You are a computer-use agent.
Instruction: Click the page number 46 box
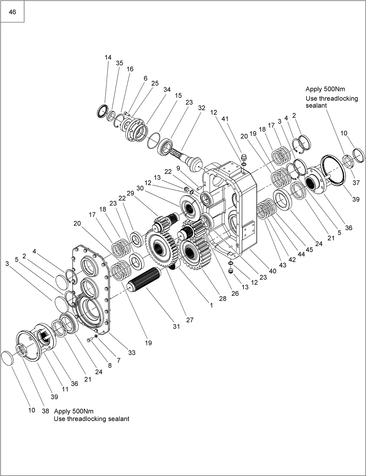(12, 12)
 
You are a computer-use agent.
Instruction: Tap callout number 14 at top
(108, 57)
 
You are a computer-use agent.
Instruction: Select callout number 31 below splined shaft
(176, 326)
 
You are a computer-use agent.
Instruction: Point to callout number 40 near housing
(273, 271)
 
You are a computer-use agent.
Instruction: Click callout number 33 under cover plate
(132, 353)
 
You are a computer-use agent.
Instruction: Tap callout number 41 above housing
(225, 119)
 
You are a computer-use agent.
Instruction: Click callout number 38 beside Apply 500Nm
(45, 411)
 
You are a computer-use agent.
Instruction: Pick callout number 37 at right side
(356, 183)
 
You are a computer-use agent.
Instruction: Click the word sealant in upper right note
(316, 106)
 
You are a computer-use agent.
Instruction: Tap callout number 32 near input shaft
(202, 108)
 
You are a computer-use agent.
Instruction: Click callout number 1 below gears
(212, 306)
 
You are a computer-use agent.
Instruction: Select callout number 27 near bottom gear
(190, 320)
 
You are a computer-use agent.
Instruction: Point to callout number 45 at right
(309, 249)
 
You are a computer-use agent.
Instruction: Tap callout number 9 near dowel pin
(178, 168)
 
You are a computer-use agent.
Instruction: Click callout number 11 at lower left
(65, 389)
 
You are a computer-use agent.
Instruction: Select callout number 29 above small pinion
(130, 193)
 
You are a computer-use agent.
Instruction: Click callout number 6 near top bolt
(145, 78)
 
